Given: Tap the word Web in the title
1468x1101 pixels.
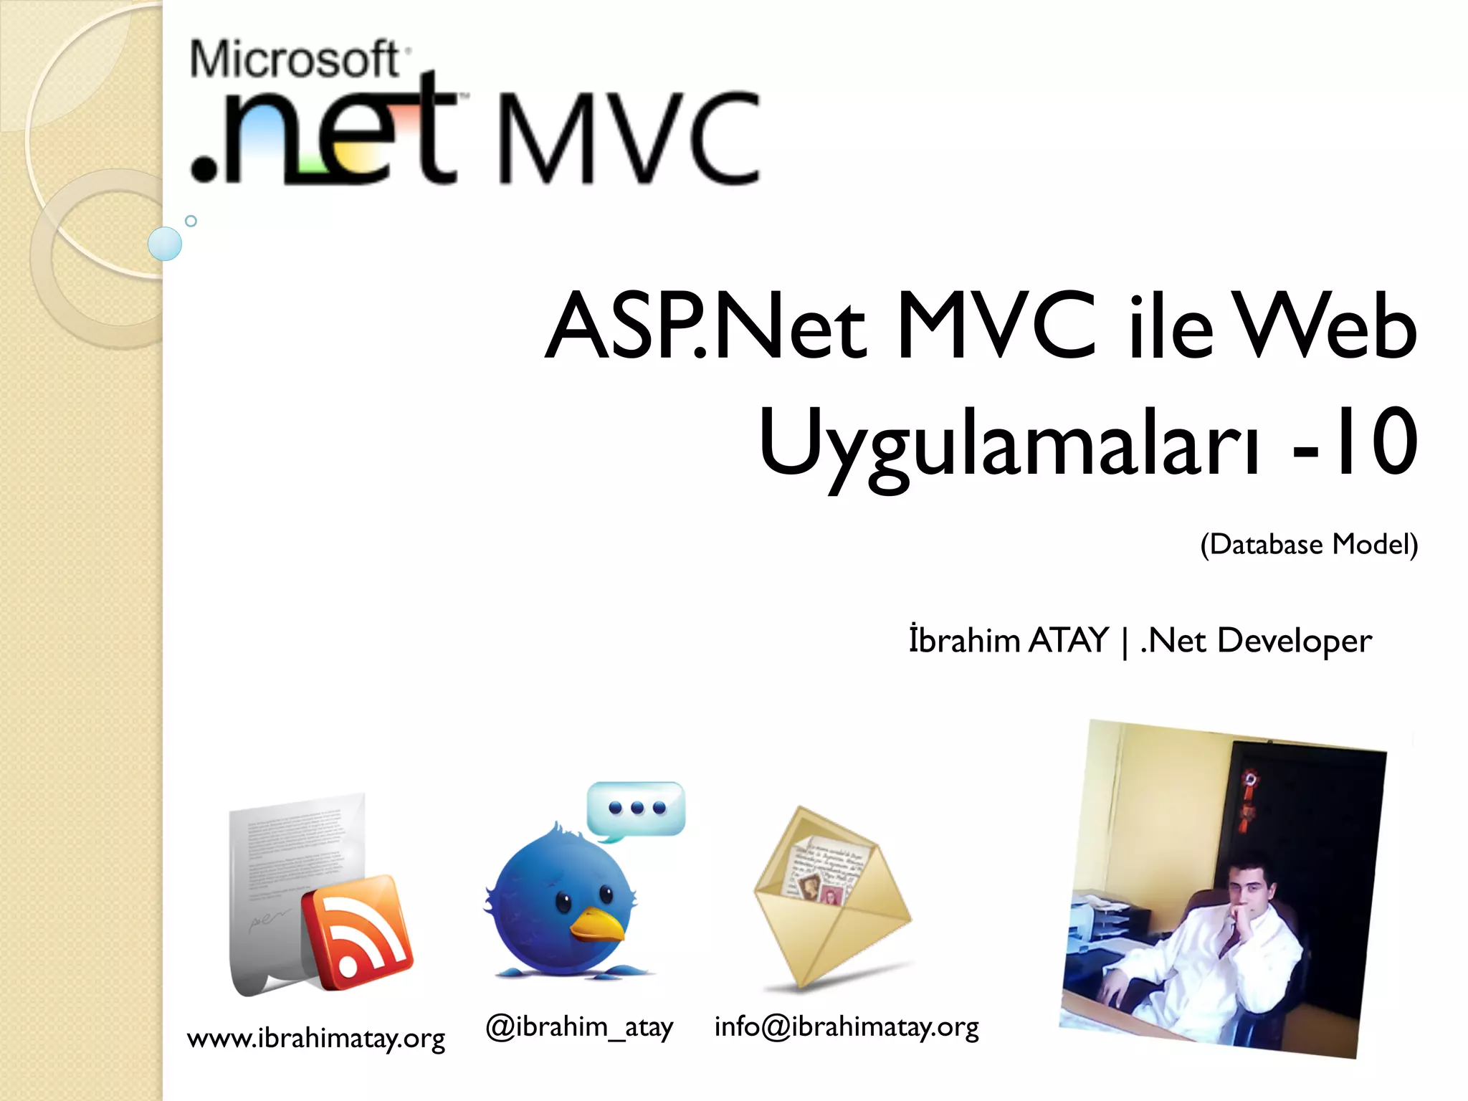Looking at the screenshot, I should (x=1326, y=326).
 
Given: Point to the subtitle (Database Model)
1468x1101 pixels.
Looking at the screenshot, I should (x=1309, y=545).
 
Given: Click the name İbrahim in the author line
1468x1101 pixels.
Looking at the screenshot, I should (x=964, y=640).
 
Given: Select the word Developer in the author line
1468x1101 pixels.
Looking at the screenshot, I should (x=1295, y=641).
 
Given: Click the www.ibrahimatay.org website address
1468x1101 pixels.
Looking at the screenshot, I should (x=316, y=1038).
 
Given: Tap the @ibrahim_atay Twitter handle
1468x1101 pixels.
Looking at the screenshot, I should (x=579, y=1026).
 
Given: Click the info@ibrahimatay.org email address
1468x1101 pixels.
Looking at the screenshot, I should (x=847, y=1026).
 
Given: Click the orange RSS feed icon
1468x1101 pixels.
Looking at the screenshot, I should (x=357, y=932).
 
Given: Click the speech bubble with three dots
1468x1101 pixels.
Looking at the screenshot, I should (x=636, y=809).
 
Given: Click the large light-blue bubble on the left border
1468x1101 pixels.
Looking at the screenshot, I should (x=165, y=244).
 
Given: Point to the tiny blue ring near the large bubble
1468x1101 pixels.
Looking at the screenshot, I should (x=191, y=221).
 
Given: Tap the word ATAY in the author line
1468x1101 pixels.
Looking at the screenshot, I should (x=1068, y=640).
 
